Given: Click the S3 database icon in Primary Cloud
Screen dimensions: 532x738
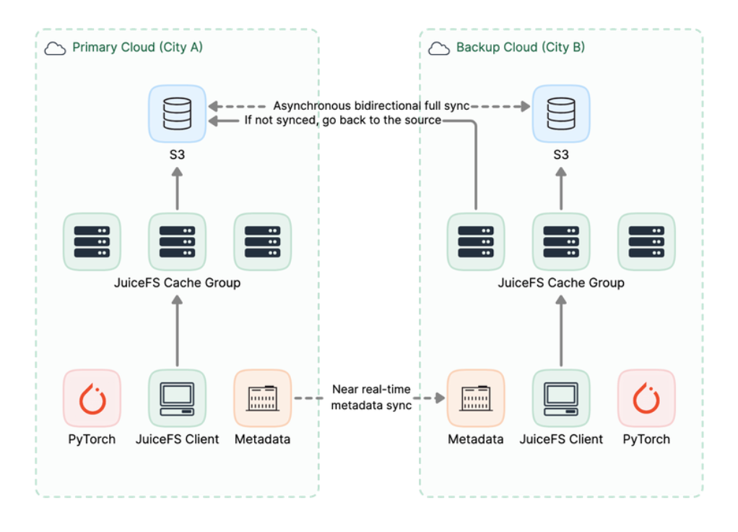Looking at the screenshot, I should coord(177,113).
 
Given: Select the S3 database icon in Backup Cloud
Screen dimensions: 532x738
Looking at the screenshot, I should coord(561,113).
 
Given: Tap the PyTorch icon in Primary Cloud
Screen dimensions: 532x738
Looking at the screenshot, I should coord(92,398).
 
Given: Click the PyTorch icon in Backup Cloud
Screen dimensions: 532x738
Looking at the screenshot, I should coord(646,398).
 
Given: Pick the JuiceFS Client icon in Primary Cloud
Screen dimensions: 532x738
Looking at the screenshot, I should coord(177,398).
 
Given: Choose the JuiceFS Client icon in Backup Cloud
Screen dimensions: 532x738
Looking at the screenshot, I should coord(561,398).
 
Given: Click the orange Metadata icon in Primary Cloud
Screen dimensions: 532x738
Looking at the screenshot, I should coord(262,398).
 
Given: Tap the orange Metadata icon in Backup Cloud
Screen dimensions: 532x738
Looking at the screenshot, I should coord(476,398).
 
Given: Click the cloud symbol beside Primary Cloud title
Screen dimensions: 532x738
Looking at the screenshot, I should coord(55,48).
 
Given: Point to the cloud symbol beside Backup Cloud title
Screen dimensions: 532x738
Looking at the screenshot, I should coord(439,48).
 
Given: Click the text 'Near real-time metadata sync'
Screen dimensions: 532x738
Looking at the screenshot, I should coord(371,398).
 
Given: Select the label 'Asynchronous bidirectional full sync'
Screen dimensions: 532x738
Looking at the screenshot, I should coord(371,106).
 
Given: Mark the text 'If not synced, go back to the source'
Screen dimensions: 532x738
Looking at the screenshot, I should coord(342,121).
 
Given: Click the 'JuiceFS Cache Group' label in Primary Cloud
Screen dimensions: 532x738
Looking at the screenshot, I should coord(177,283).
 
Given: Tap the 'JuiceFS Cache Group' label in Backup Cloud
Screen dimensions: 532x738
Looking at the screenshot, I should coord(561,283).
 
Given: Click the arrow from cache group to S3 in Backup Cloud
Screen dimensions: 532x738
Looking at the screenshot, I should coord(561,189).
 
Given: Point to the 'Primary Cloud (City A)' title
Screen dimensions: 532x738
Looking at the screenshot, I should coord(137,48).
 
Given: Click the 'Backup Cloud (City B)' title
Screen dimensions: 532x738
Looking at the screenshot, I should coord(520,48).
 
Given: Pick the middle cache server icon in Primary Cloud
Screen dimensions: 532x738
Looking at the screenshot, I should coord(177,241).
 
